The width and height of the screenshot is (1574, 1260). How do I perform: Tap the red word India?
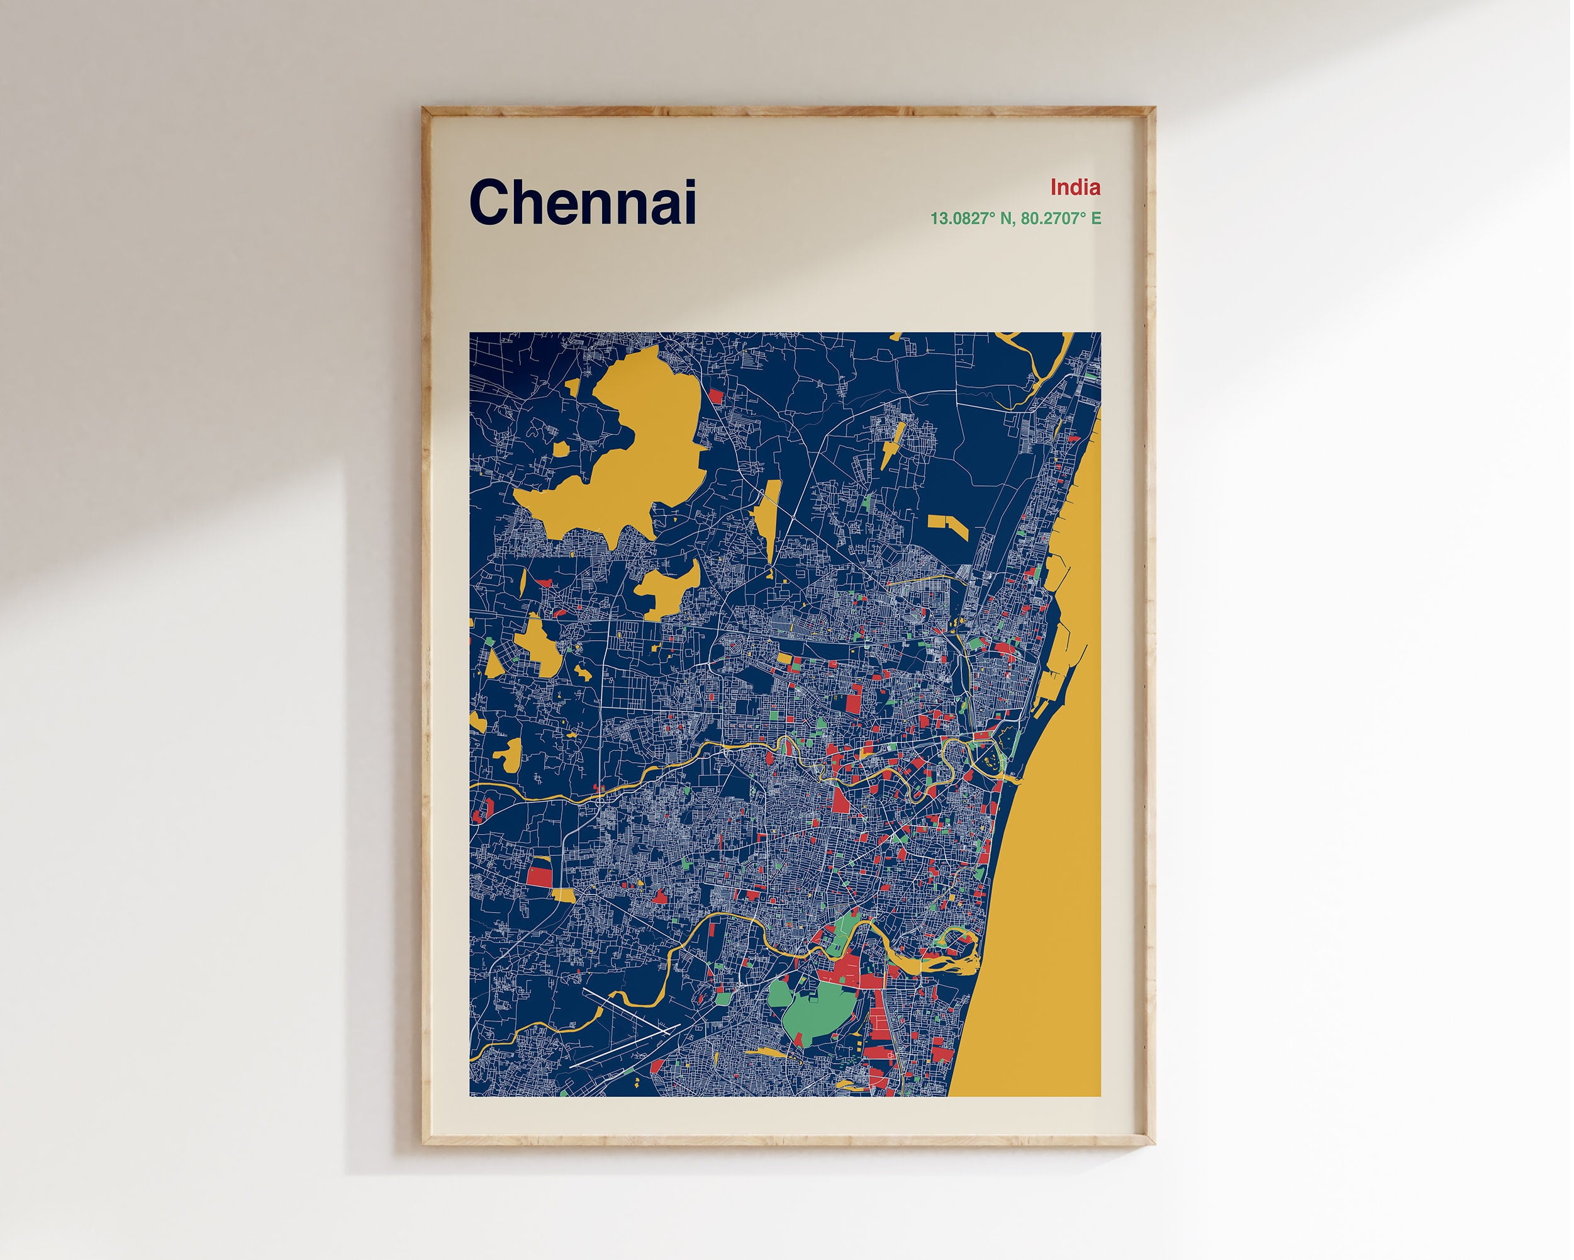[x=1074, y=188]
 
